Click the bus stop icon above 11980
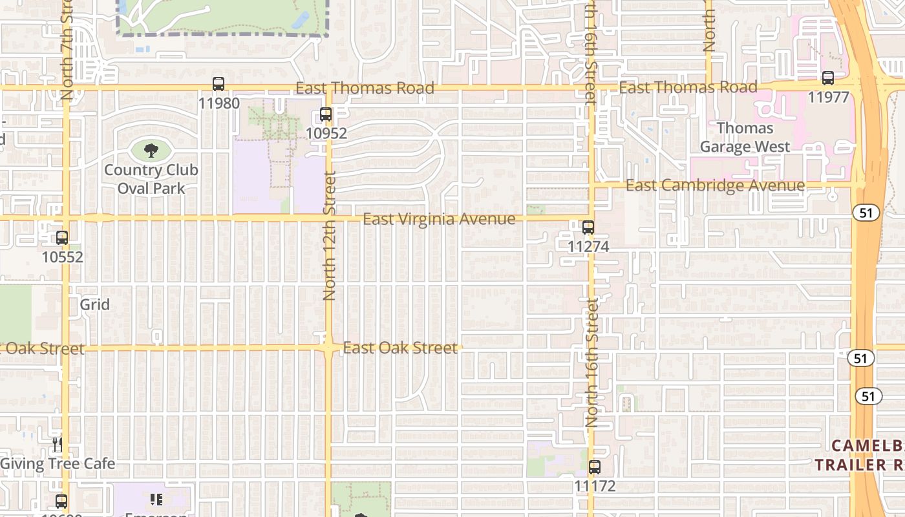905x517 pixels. [x=218, y=84]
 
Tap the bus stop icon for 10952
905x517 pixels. [x=326, y=115]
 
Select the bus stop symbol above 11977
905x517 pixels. [x=828, y=78]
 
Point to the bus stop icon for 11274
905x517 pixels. [x=588, y=227]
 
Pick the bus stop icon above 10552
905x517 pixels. [x=62, y=238]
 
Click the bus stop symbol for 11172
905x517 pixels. [x=594, y=467]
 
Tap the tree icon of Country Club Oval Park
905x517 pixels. [x=151, y=151]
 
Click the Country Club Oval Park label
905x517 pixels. [x=151, y=179]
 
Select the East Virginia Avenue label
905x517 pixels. [x=439, y=219]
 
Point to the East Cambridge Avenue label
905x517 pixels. [x=716, y=186]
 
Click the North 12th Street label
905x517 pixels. [x=329, y=236]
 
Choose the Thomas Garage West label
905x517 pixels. [x=745, y=137]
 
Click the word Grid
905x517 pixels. [x=95, y=304]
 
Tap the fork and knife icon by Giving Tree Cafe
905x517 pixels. [x=58, y=445]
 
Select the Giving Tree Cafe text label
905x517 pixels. [x=58, y=464]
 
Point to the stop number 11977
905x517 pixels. [x=828, y=97]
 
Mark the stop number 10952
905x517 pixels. [x=326, y=134]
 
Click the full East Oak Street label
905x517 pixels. [x=400, y=348]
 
